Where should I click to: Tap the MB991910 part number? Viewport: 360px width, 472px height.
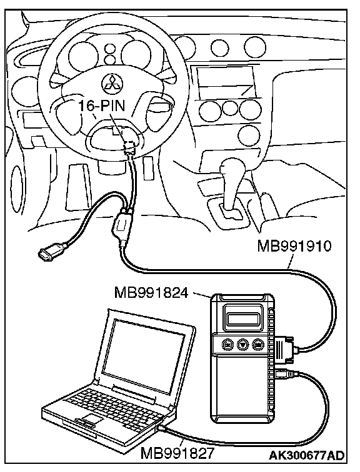(x=294, y=246)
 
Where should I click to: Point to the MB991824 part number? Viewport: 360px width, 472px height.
(x=151, y=293)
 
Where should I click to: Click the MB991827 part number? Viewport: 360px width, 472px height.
(x=177, y=453)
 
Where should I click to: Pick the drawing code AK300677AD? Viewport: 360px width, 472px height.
(x=307, y=455)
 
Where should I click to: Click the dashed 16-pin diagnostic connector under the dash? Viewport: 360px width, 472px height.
(x=130, y=145)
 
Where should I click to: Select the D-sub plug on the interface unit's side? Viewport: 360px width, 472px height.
(x=284, y=348)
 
